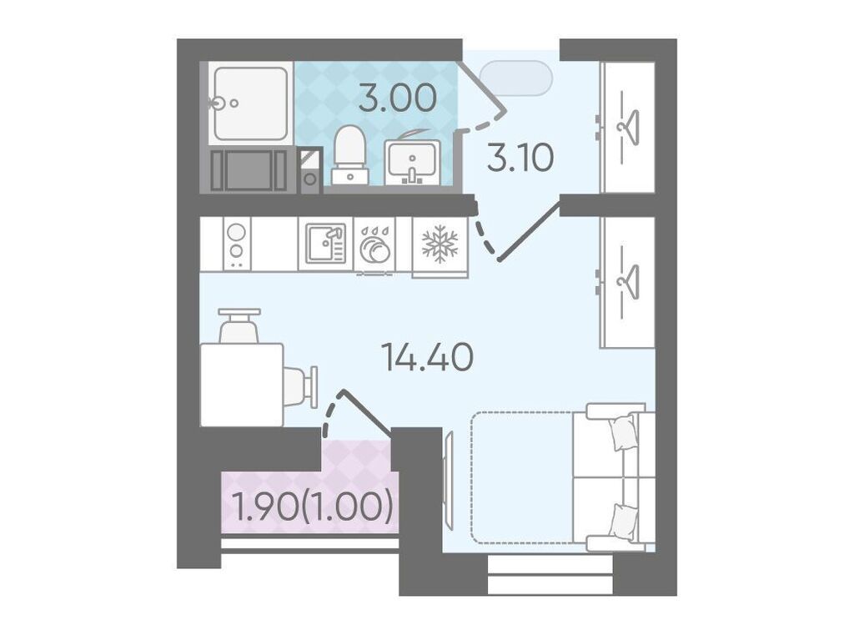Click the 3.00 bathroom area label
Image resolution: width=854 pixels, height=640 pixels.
(x=398, y=98)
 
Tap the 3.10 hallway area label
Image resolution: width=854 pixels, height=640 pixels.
(x=520, y=158)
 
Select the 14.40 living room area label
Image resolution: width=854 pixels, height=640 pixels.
(x=427, y=358)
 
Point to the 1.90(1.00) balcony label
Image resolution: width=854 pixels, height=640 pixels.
(x=312, y=506)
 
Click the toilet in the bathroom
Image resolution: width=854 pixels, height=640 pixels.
(x=349, y=155)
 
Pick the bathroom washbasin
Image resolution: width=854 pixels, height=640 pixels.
(x=412, y=162)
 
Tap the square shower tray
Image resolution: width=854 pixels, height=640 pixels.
(x=250, y=103)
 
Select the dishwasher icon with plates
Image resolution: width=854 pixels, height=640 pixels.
(x=374, y=244)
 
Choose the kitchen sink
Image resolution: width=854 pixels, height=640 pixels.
(x=325, y=243)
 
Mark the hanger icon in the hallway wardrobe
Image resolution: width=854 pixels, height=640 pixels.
(x=627, y=128)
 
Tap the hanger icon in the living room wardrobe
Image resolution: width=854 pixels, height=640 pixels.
(x=627, y=281)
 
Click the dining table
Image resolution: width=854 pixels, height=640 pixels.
(x=242, y=385)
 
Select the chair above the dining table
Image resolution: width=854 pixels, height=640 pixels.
(x=239, y=325)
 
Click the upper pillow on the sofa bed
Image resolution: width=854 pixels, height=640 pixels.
(x=624, y=431)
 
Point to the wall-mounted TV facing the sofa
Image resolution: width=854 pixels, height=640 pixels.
(x=449, y=479)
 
